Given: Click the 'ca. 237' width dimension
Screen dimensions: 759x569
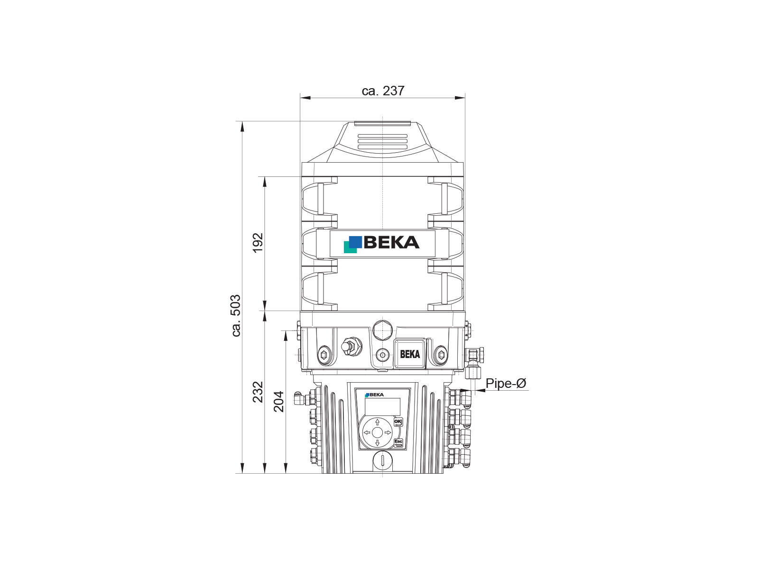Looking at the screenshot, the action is pos(383,91).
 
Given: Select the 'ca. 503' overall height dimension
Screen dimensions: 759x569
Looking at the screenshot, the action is pos(236,315).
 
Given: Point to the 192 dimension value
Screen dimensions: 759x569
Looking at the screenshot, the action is pos(258,243).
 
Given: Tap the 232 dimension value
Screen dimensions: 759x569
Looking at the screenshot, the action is pos(258,392).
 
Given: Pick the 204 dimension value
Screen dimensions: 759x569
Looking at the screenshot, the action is pos(279,402).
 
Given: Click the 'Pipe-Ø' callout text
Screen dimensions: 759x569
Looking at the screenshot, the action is pos(506,383).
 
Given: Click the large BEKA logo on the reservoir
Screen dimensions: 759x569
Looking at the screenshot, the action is pos(381,244).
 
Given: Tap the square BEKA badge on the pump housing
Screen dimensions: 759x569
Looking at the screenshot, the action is pos(410,353).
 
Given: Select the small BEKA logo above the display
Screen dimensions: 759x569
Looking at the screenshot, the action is pos(374,395).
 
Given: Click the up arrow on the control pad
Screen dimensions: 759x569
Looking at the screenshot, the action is pos(377,422).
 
